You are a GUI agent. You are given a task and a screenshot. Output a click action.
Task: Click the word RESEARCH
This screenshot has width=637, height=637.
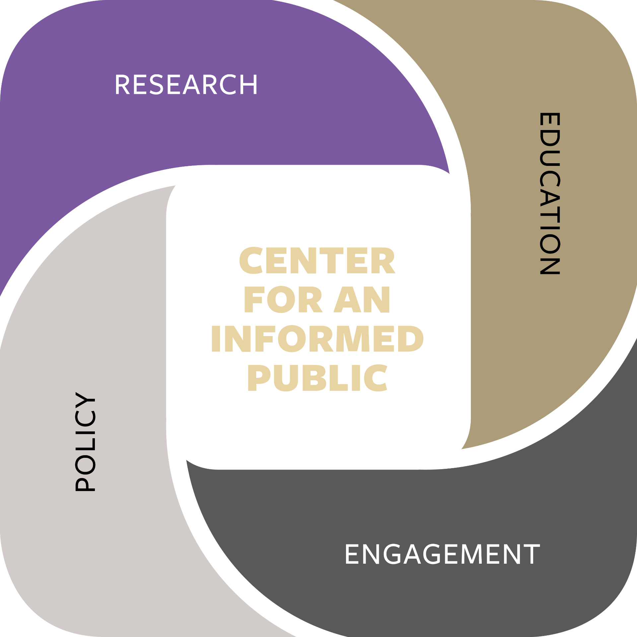click(186, 85)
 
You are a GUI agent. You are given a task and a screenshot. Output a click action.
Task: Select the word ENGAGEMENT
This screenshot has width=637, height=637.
click(442, 554)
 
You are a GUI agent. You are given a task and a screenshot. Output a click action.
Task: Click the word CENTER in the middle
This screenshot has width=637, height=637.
click(318, 261)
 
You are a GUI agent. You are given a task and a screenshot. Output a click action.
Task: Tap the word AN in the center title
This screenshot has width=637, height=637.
click(362, 300)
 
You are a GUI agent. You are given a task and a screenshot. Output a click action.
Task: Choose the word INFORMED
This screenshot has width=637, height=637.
click(318, 339)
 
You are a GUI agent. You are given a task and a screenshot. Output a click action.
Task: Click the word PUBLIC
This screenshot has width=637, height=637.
click(318, 378)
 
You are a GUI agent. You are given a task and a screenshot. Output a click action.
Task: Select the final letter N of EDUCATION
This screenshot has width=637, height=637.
click(549, 264)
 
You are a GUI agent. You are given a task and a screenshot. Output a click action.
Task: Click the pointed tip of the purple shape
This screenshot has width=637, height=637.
click(449, 173)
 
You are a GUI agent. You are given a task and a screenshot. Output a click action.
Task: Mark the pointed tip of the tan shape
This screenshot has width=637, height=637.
click(462, 449)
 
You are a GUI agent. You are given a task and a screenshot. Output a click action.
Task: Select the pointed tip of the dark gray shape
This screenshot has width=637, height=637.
click(187, 460)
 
